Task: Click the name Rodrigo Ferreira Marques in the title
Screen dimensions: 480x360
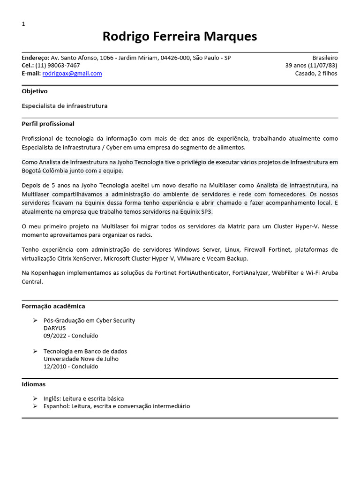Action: pos(180,37)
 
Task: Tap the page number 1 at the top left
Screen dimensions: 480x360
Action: pos(23,24)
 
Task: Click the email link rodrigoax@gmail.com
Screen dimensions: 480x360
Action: pos(72,74)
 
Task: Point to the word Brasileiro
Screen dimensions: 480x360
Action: pos(324,58)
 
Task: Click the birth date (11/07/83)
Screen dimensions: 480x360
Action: pos(322,66)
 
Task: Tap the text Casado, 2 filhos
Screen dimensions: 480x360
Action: pos(316,74)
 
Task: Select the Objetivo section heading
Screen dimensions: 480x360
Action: pos(35,91)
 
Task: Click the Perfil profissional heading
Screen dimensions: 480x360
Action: pos(48,124)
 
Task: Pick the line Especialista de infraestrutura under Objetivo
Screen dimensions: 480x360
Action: pos(65,106)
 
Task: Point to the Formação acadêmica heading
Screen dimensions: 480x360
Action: pos(53,306)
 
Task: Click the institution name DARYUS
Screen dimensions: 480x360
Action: pos(54,328)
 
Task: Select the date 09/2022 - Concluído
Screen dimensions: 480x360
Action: pos(71,336)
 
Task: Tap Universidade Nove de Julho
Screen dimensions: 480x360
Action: pos(81,359)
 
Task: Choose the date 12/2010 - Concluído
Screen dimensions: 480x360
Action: pos(71,367)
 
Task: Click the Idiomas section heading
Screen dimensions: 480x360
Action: pos(34,384)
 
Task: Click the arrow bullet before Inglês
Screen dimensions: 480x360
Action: pos(35,398)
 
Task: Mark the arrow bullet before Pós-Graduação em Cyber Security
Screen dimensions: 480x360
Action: pos(35,321)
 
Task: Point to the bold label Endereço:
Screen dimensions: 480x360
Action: pos(35,58)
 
